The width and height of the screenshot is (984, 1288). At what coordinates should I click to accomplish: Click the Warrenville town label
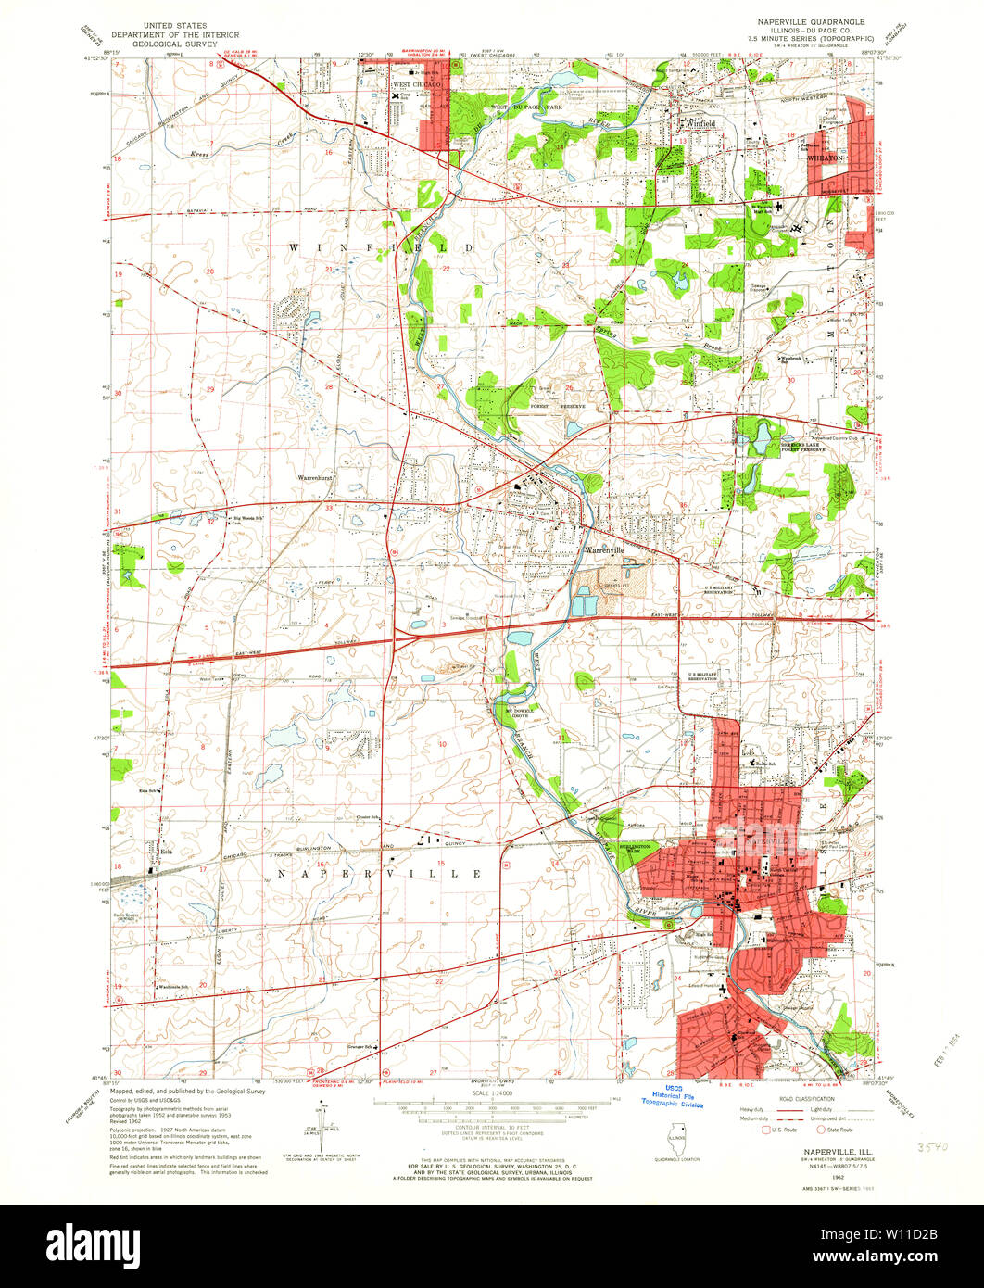tap(605, 549)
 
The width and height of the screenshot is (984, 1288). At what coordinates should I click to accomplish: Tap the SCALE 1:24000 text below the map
tap(490, 1094)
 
